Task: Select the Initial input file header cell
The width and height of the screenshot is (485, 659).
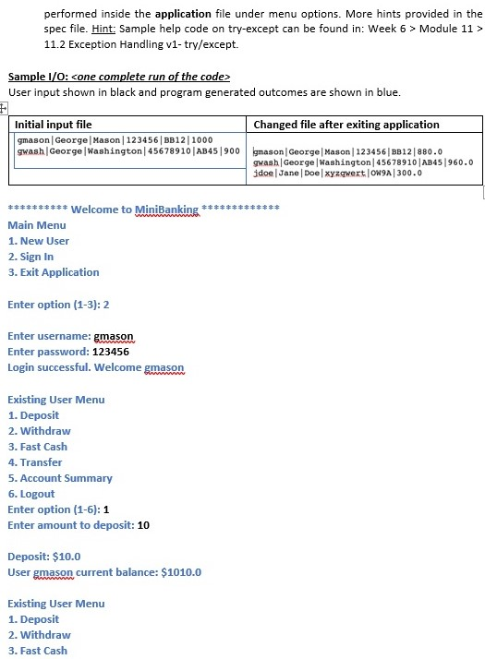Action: click(x=55, y=124)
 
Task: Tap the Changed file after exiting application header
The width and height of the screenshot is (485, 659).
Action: click(x=346, y=124)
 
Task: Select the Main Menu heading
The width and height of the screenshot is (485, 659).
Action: click(x=37, y=225)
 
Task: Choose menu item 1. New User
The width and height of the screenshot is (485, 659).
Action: click(x=38, y=241)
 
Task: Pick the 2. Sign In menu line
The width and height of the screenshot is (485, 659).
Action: click(x=30, y=257)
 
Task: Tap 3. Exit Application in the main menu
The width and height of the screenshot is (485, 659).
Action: click(x=53, y=272)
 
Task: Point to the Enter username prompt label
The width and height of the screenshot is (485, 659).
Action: click(x=48, y=336)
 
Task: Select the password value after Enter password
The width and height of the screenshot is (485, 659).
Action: click(x=111, y=352)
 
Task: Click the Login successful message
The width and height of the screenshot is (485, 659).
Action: click(x=96, y=367)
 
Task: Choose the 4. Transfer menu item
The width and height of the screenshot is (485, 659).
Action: click(x=35, y=462)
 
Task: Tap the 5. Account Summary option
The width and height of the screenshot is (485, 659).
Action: click(x=60, y=478)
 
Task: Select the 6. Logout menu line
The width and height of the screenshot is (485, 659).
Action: click(x=31, y=494)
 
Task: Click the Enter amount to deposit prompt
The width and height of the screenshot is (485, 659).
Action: click(x=68, y=525)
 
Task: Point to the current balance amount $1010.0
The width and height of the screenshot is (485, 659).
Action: click(x=181, y=572)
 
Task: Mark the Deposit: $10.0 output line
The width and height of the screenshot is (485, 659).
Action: click(x=44, y=557)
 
